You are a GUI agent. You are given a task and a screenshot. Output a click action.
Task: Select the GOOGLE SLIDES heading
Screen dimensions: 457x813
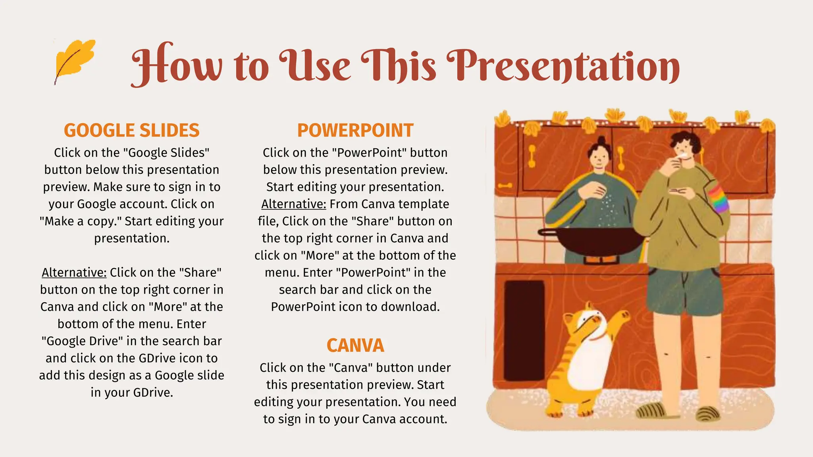point(131,131)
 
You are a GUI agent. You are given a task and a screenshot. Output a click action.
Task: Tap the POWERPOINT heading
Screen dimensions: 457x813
point(355,131)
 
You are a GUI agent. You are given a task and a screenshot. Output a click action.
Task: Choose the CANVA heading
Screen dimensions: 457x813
point(355,346)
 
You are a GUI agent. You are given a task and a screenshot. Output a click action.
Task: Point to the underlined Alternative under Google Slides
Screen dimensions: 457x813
point(74,273)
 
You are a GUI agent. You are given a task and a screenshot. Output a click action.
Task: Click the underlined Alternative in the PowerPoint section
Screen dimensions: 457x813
point(293,204)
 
